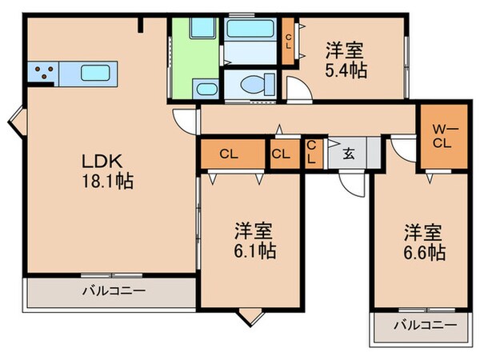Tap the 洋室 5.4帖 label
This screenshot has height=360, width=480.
tap(346, 60)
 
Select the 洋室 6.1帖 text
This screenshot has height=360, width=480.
tap(255, 240)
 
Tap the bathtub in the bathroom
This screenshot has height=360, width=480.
tap(251, 30)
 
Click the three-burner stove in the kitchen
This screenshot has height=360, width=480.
tap(44, 74)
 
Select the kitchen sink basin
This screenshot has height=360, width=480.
tap(98, 74)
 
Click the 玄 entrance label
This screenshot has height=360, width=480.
tap(350, 154)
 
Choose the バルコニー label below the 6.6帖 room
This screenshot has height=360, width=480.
tap(426, 326)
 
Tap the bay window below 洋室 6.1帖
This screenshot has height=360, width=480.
tap(250, 316)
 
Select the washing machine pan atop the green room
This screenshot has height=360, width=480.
tap(195, 31)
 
